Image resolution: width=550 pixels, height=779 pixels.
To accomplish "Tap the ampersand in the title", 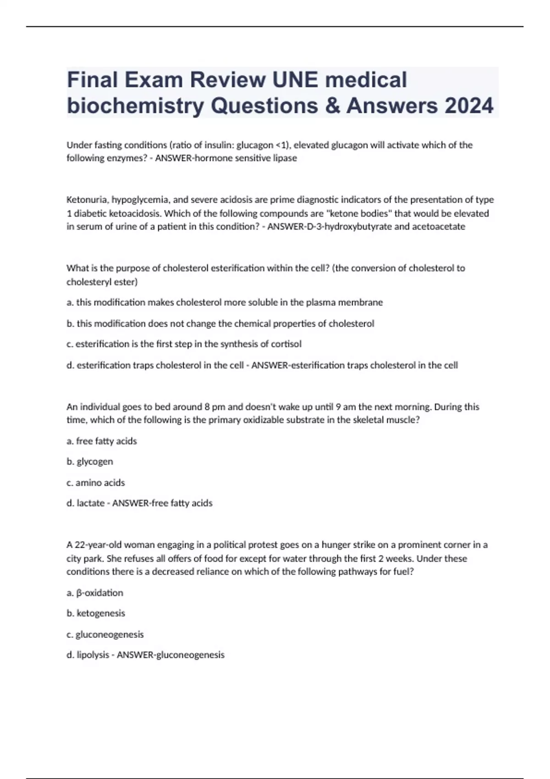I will [333, 106].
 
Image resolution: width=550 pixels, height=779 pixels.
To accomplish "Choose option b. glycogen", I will [90, 462].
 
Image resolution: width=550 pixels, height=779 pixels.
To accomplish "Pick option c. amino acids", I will [96, 483].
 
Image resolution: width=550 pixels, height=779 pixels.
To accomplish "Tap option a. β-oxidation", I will [95, 593].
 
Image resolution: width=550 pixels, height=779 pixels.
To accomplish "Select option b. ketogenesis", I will [96, 614].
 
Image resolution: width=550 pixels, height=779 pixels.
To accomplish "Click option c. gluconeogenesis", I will [105, 635].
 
